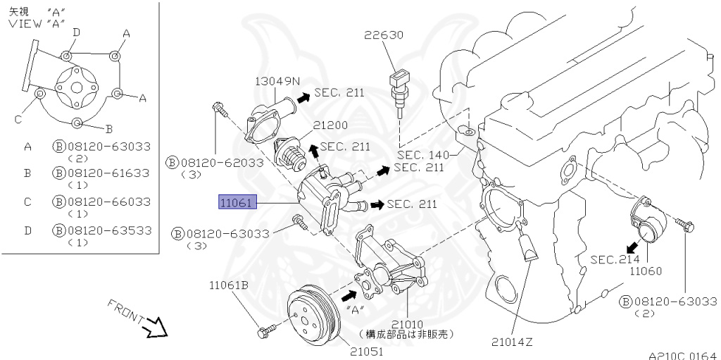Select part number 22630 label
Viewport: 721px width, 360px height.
(x=384, y=35)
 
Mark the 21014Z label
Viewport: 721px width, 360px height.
(x=512, y=342)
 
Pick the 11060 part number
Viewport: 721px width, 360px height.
(x=646, y=271)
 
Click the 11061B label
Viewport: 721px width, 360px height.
(x=229, y=285)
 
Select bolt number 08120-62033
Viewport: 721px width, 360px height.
(x=220, y=162)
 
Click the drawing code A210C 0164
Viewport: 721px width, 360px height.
(x=682, y=356)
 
